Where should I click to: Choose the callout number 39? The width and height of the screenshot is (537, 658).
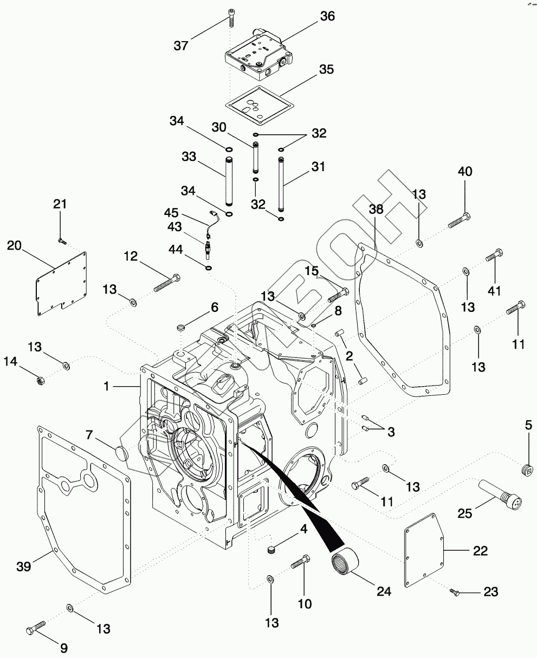[x=24, y=566]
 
